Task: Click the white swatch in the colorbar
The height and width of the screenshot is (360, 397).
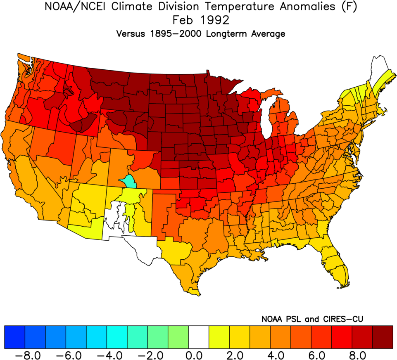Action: (x=199, y=337)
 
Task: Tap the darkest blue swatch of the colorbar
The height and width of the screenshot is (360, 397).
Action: (x=14, y=337)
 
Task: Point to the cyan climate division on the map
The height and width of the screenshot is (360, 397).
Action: (x=129, y=181)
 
